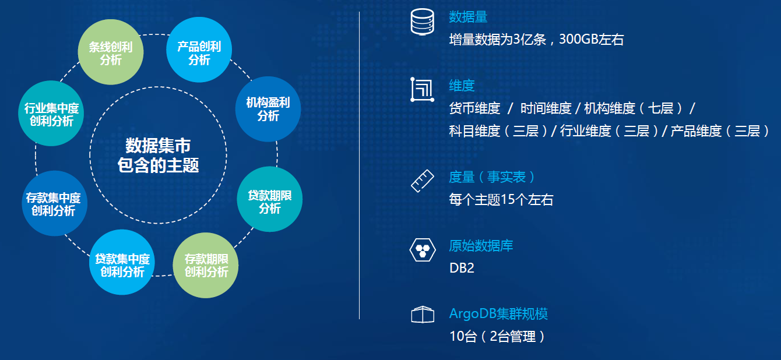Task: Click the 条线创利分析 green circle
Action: pyautogui.click(x=111, y=52)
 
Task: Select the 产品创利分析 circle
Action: pyautogui.click(x=199, y=50)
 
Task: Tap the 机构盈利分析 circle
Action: pyautogui.click(x=268, y=109)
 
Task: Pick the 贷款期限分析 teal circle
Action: pyautogui.click(x=269, y=199)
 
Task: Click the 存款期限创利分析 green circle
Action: pyautogui.click(x=206, y=265)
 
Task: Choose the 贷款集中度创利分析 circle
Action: pyautogui.click(x=122, y=262)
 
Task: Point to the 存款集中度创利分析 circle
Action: pyautogui.click(x=54, y=203)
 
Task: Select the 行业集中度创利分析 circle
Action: pyautogui.click(x=51, y=113)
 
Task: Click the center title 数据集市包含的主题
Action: pyautogui.click(x=159, y=155)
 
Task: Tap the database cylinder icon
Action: pyautogui.click(x=422, y=22)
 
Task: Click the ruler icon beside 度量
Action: pyautogui.click(x=422, y=181)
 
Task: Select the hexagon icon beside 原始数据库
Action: pyautogui.click(x=423, y=250)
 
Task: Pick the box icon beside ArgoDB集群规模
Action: pyautogui.click(x=423, y=315)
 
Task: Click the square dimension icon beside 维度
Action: pyautogui.click(x=422, y=90)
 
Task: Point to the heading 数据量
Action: pyautogui.click(x=468, y=17)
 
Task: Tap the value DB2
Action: pyautogui.click(x=462, y=268)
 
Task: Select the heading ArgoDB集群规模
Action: pyautogui.click(x=498, y=314)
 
